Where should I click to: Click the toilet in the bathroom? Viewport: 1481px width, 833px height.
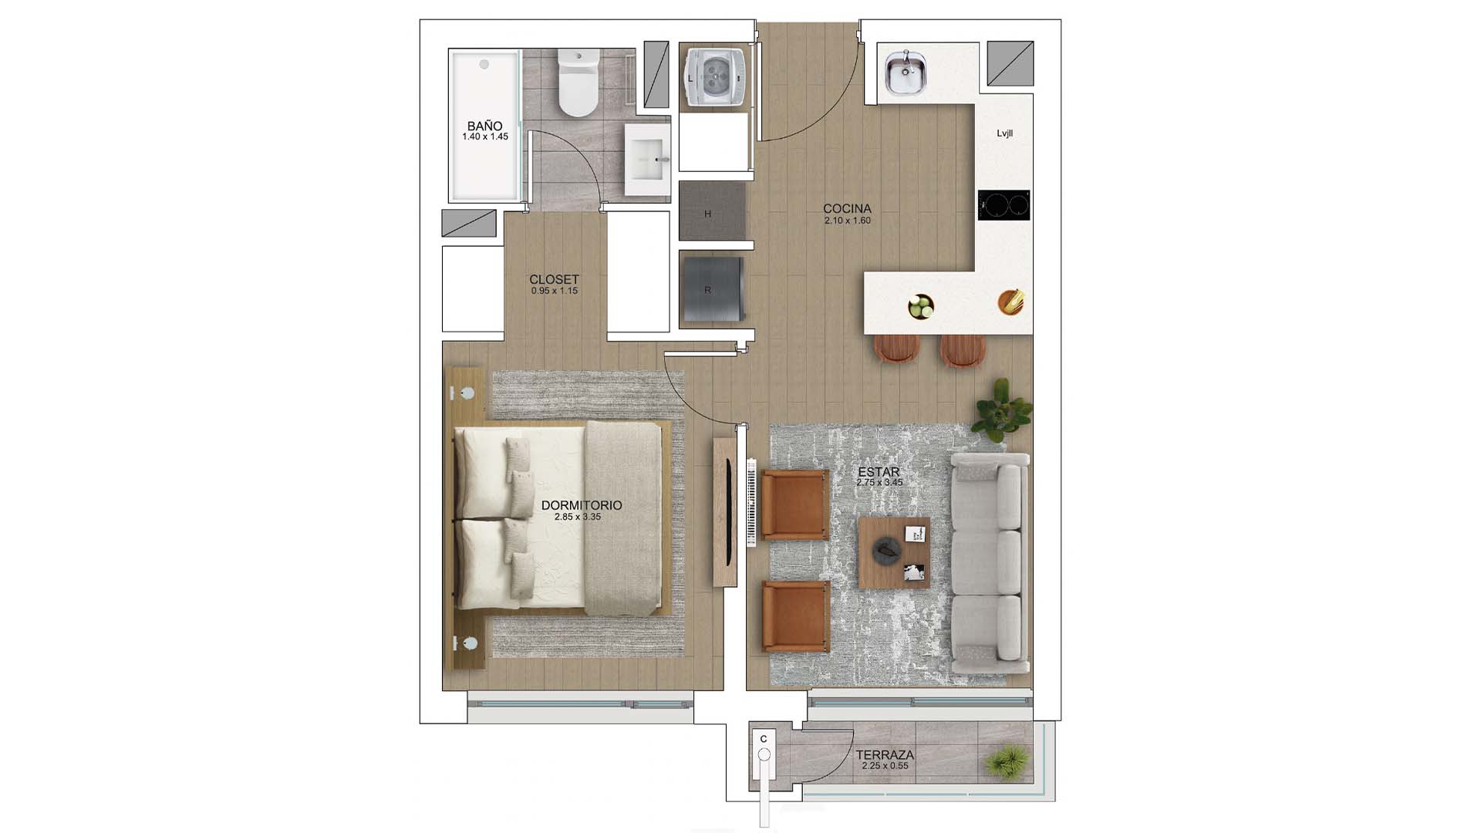click(x=578, y=82)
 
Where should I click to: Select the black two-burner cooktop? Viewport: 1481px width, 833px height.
click(x=1004, y=205)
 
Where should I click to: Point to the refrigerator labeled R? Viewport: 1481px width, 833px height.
click(x=710, y=288)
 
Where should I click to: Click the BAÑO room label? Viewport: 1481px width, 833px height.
click(x=484, y=126)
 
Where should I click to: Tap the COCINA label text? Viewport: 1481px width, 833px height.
click(x=847, y=208)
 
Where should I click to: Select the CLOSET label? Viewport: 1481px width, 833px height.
click(x=554, y=279)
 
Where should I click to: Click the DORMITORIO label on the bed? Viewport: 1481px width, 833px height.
click(x=582, y=505)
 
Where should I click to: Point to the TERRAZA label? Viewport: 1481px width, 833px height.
click(x=885, y=755)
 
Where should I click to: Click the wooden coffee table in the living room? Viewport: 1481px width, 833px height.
click(x=894, y=553)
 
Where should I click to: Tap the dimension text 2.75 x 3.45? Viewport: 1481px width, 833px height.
click(x=879, y=482)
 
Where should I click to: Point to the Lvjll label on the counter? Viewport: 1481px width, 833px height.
click(x=1004, y=133)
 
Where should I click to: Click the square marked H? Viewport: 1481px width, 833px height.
click(x=708, y=214)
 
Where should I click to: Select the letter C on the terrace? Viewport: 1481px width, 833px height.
click(x=764, y=739)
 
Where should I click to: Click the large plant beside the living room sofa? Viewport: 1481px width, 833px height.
click(x=1003, y=407)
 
